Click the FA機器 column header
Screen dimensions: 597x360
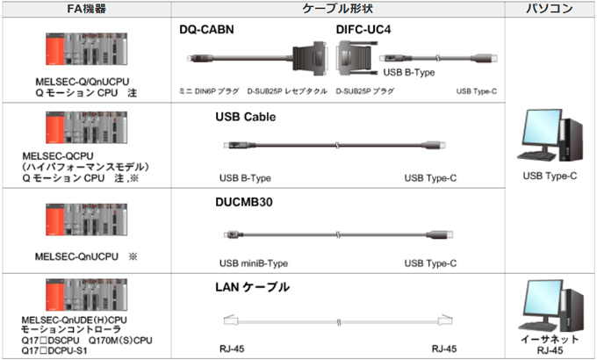click(86, 9)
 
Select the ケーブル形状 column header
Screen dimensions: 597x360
click(337, 9)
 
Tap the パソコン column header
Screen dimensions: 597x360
click(550, 9)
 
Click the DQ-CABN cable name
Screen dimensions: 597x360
click(206, 30)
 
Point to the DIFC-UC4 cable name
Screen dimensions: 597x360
click(363, 30)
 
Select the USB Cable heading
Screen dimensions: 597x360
click(246, 117)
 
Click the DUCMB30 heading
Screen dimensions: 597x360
click(244, 202)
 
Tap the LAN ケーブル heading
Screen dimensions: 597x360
click(253, 287)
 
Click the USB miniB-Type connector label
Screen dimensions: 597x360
click(254, 263)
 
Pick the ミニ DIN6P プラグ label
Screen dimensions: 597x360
click(209, 91)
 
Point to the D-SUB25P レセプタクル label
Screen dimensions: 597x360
click(287, 91)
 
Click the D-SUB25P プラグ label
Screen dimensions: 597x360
click(364, 91)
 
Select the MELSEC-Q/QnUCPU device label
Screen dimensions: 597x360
click(83, 82)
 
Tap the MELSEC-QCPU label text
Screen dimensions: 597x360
click(58, 156)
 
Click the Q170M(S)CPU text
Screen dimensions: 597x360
click(120, 340)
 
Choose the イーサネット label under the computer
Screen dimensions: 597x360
click(550, 339)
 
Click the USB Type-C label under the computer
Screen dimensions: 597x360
click(550, 176)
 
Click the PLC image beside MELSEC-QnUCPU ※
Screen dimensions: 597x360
click(86, 220)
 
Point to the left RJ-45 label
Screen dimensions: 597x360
click(232, 349)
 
